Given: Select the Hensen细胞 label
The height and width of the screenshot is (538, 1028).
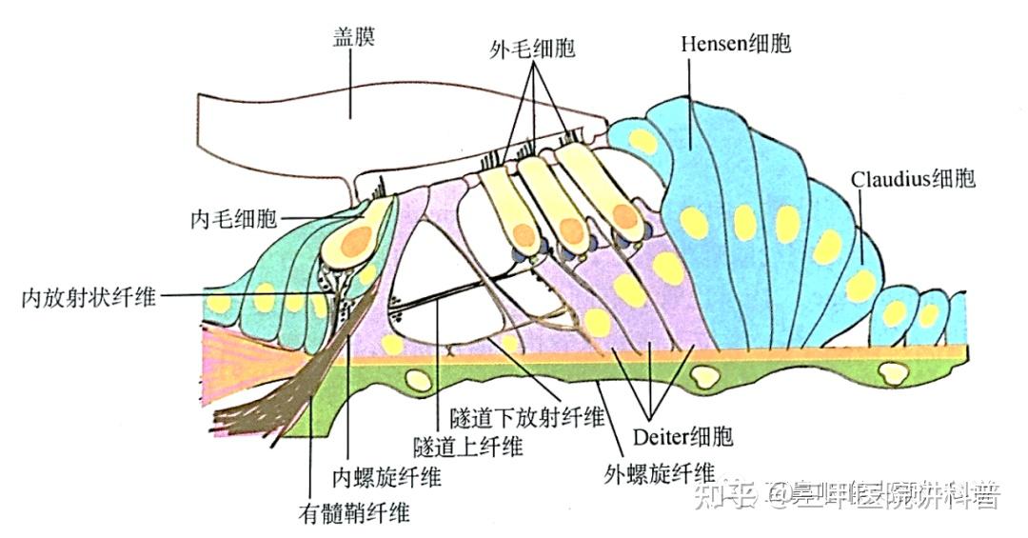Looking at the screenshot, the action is click(x=737, y=44).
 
